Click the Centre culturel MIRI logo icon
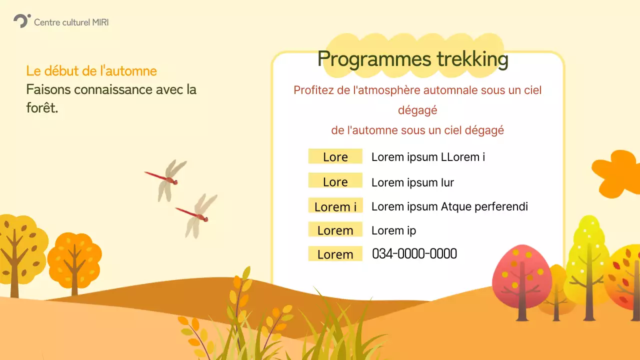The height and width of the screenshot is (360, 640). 21,21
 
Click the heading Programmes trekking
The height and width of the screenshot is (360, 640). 412,59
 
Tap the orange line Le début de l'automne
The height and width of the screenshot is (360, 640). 91,71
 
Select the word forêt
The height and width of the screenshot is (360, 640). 42,108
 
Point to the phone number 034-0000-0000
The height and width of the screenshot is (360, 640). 414,254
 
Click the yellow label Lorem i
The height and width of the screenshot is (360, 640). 335,206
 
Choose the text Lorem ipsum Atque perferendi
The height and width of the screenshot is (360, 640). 449,206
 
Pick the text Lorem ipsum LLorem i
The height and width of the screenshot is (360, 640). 428,157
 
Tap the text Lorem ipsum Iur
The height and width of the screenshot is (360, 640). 412,182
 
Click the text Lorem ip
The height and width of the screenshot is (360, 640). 393,230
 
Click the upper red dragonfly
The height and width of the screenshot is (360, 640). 166,178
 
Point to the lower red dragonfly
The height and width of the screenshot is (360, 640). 197,214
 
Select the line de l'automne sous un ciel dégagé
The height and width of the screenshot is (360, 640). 417,130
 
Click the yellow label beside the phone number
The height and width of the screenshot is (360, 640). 335,254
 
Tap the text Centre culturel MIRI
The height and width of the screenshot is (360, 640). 71,22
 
